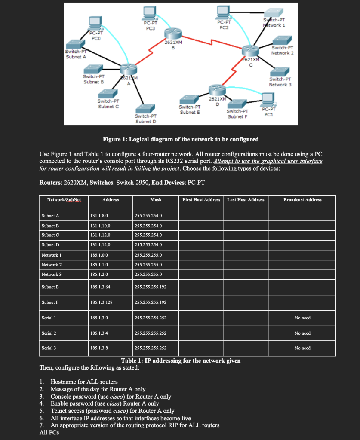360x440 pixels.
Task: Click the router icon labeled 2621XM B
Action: pyautogui.click(x=173, y=33)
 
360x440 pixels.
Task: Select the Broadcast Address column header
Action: pyautogui.click(x=302, y=199)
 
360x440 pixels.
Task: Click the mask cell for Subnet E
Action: pyautogui.click(x=151, y=286)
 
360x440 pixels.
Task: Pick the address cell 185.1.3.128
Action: pyautogui.click(x=102, y=302)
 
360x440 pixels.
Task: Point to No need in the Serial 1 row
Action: pyautogui.click(x=302, y=318)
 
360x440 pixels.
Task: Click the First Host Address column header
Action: pyautogui.click(x=201, y=199)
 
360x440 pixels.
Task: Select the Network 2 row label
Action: pyautogui.click(x=52, y=265)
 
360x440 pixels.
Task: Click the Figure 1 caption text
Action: pyautogui.click(x=181, y=139)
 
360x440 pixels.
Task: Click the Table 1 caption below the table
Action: pyautogui.click(x=181, y=361)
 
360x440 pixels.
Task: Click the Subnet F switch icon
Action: pyautogui.click(x=238, y=104)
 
